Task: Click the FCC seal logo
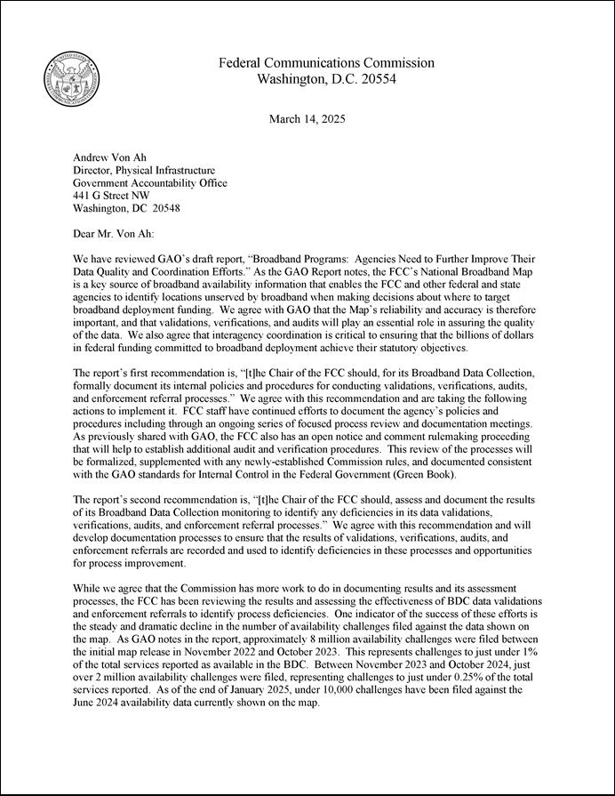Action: (72, 77)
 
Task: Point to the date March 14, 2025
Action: (307, 119)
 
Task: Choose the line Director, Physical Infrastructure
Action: (143, 171)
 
